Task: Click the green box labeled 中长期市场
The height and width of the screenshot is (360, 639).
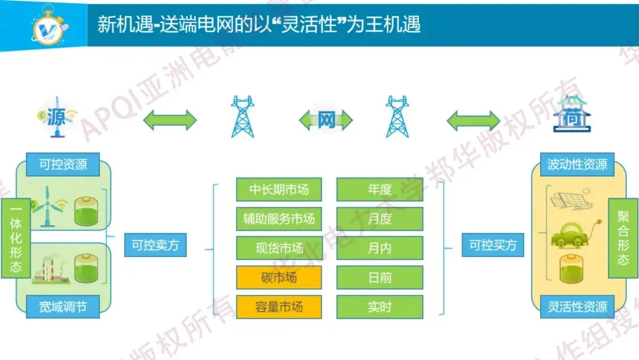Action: click(x=279, y=189)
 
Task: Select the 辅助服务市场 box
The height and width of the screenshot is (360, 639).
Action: click(x=279, y=219)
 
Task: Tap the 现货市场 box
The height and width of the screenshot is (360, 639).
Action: click(x=279, y=248)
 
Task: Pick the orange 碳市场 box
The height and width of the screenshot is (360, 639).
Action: click(x=279, y=278)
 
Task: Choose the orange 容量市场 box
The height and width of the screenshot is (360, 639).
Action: click(x=279, y=307)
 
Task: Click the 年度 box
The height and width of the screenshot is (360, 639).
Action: click(x=380, y=189)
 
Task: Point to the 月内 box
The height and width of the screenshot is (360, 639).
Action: click(x=380, y=248)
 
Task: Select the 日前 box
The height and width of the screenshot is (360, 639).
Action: click(x=380, y=278)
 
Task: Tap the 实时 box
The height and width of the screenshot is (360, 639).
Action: click(x=380, y=307)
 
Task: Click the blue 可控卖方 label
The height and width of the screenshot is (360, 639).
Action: click(x=155, y=245)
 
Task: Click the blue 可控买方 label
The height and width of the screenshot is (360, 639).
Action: click(x=493, y=245)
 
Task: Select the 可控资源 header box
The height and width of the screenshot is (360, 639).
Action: click(x=63, y=165)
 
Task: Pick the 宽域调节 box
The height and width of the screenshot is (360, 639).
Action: click(x=63, y=307)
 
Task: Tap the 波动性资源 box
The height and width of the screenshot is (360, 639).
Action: click(x=577, y=165)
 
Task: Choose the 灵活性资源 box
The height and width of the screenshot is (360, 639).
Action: click(x=577, y=307)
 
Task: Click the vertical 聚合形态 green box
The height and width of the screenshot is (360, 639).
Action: click(x=623, y=238)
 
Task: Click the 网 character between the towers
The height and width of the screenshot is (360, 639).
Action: click(x=326, y=120)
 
